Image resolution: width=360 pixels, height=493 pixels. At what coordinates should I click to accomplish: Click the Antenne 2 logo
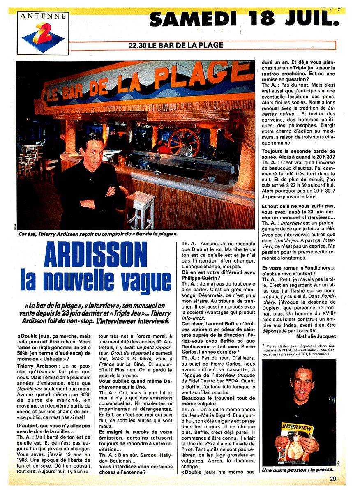coord(43,33)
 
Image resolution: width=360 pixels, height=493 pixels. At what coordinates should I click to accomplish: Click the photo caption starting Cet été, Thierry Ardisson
coord(98,234)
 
